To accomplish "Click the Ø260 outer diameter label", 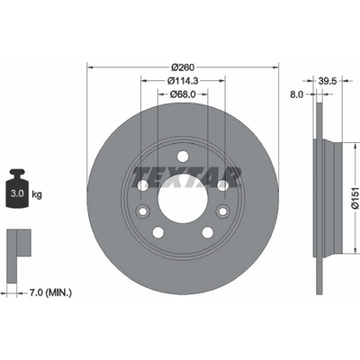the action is pos(183,67).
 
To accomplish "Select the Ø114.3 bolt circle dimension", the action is pos(183,80).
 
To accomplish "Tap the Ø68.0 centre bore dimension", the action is pos(183,94).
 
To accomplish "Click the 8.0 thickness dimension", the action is pos(296,94).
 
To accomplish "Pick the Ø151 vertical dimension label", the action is pos(355,198).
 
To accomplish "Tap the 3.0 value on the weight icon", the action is pos(17,193).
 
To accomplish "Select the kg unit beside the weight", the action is pos(37,195).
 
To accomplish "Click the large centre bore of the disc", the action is pos(183,199).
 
